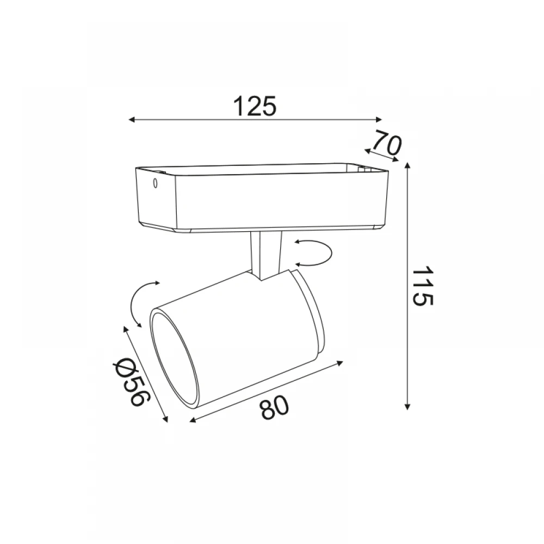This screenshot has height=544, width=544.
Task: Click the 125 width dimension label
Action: tap(255, 106)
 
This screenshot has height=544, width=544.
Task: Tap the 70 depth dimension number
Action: tap(387, 143)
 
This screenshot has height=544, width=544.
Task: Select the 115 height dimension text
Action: tap(422, 286)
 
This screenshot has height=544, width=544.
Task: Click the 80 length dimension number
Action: tap(274, 407)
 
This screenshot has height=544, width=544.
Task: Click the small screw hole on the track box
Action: tap(156, 183)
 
